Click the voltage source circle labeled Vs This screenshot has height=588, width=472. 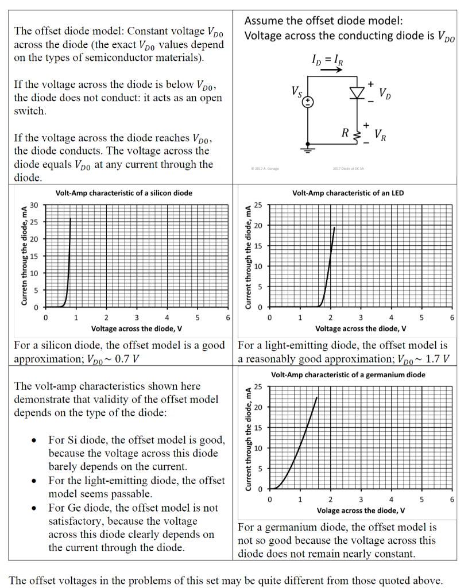308,102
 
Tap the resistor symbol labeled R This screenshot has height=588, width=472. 357,135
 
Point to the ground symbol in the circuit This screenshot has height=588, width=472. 308,151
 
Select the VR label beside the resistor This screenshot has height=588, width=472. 380,136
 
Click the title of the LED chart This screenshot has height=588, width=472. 347,193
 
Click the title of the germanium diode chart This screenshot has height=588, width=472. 348,375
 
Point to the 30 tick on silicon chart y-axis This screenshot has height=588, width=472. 34,205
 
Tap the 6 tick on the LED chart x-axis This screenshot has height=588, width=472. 452,318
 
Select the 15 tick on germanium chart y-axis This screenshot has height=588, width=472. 258,427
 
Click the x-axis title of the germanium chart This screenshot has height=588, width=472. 361,510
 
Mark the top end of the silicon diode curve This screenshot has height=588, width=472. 71,219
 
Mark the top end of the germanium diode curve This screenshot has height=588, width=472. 316,397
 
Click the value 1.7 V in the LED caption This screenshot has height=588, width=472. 435,359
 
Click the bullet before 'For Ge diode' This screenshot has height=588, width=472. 36,508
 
